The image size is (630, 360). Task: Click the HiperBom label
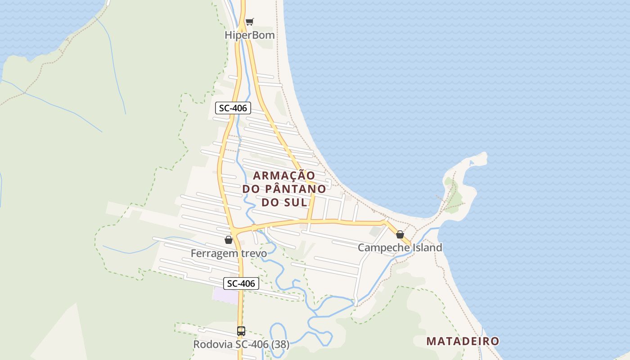(250, 35)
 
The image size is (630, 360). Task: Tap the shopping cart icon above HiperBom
(250, 22)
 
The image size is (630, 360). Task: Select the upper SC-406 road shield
(233, 108)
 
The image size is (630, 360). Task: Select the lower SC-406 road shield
(241, 283)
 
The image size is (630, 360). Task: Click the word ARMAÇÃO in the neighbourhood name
(283, 175)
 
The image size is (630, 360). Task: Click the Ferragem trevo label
(229, 253)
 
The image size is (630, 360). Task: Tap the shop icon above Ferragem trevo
(229, 239)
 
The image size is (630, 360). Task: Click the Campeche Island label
(400, 247)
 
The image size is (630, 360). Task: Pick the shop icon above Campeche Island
(400, 234)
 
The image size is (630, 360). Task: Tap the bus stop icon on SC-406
(241, 331)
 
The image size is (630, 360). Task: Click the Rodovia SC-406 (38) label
(241, 345)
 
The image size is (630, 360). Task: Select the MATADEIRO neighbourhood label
(463, 341)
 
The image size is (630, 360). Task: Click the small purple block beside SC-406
(225, 295)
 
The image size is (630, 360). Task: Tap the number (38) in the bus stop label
(279, 345)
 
